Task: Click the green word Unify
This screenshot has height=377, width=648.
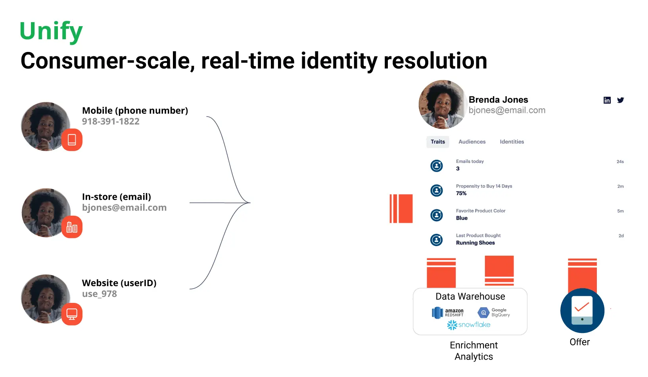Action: click(x=51, y=31)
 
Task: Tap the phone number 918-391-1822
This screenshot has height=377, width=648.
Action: click(x=111, y=122)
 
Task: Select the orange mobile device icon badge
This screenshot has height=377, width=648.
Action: click(x=72, y=140)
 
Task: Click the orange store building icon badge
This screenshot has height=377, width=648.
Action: click(x=72, y=227)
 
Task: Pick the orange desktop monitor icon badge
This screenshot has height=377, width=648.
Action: click(x=72, y=314)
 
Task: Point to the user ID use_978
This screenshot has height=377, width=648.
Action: click(x=100, y=294)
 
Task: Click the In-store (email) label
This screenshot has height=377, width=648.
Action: click(x=116, y=197)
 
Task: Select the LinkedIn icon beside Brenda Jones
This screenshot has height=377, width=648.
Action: click(x=607, y=100)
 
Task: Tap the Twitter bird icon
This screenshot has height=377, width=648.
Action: click(x=620, y=100)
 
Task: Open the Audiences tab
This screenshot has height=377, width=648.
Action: click(x=472, y=142)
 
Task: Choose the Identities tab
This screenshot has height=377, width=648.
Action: click(x=512, y=142)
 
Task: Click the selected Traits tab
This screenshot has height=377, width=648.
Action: click(x=437, y=142)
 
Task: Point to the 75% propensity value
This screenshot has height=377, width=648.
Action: click(x=461, y=193)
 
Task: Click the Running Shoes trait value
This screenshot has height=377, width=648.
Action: click(x=475, y=243)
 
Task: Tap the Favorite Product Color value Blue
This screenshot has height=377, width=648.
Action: click(x=462, y=218)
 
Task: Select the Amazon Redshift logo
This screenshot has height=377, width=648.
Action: click(x=447, y=313)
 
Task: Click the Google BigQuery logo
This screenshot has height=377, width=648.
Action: click(x=494, y=313)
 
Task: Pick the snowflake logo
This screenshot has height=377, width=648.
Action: click(x=469, y=325)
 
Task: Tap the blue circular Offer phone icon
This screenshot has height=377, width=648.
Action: click(x=582, y=310)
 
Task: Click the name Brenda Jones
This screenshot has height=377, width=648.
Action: click(x=498, y=100)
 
